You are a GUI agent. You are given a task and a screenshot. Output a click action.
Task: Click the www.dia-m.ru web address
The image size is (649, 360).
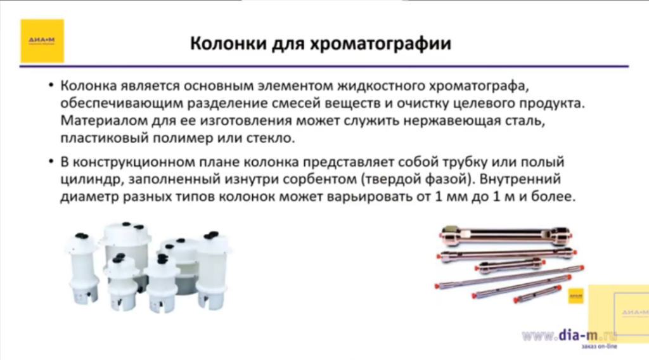568,335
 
